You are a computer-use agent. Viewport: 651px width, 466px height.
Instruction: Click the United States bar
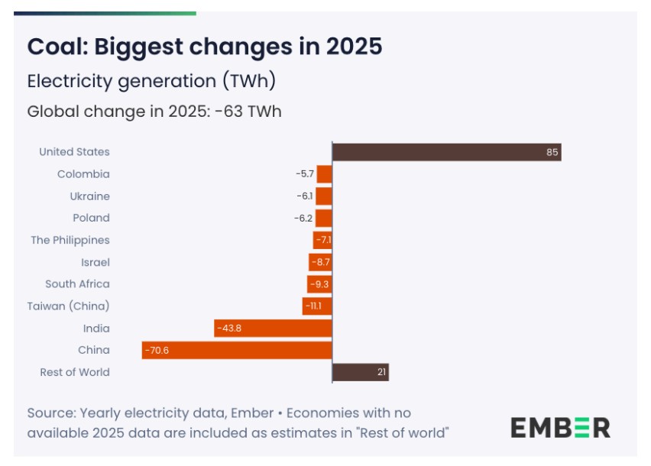(x=446, y=152)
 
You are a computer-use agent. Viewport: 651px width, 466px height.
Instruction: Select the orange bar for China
(x=237, y=350)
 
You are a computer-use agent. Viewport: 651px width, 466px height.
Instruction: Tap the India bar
(x=273, y=328)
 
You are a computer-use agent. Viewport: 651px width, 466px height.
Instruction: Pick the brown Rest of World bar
(x=361, y=372)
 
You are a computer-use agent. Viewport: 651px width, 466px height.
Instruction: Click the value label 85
(x=552, y=152)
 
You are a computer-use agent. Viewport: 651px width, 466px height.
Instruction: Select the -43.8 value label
(x=228, y=328)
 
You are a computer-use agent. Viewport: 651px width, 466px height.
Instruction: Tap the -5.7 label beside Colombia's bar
(x=305, y=174)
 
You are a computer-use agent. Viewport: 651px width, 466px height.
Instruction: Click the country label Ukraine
(x=89, y=196)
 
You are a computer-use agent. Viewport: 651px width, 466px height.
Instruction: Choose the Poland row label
(x=91, y=218)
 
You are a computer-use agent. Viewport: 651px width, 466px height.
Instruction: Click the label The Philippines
(x=70, y=240)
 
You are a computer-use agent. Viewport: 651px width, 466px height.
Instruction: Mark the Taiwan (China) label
(x=68, y=306)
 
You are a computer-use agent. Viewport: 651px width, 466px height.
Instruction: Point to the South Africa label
(x=77, y=283)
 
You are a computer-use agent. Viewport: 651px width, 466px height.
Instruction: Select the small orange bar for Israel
(x=320, y=262)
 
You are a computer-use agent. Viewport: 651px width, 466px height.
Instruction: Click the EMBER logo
(x=560, y=427)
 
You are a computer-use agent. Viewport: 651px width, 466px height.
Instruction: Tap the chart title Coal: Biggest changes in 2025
(x=204, y=47)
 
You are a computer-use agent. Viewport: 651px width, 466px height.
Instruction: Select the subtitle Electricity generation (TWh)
(x=151, y=81)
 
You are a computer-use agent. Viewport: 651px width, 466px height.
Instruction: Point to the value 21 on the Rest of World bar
(x=382, y=372)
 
